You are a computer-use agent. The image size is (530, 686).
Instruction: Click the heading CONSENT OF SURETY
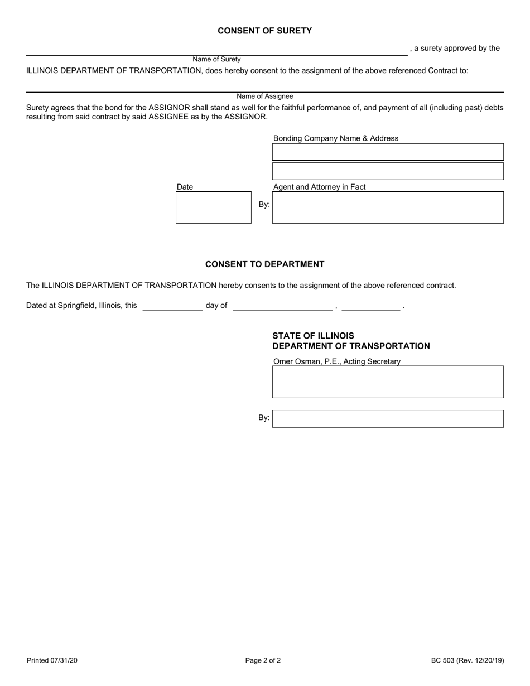tap(264, 31)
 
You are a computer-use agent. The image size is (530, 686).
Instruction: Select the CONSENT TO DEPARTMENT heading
tap(264, 264)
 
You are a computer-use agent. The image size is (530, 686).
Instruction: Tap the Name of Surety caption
tap(216, 59)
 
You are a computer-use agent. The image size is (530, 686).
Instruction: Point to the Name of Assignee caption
tap(264, 96)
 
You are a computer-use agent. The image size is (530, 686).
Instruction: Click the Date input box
tap(214, 207)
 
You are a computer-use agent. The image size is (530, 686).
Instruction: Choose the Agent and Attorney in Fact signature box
tap(388, 207)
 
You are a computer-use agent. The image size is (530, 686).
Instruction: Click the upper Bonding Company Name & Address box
tap(388, 152)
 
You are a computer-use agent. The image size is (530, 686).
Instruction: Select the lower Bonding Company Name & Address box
tap(388, 171)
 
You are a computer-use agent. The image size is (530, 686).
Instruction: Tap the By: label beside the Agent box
tap(264, 205)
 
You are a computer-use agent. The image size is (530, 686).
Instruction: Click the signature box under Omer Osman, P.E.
tap(388, 381)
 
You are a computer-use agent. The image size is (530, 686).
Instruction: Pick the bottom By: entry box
tap(388, 418)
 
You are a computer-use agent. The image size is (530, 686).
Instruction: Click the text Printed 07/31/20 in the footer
tap(52, 660)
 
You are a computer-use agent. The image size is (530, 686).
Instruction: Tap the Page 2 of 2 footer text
tap(263, 660)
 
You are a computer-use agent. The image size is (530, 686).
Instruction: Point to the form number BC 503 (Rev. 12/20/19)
tap(467, 660)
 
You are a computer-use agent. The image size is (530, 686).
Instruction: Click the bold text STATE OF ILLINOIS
tap(313, 336)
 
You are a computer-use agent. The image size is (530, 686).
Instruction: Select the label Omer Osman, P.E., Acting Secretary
tap(336, 361)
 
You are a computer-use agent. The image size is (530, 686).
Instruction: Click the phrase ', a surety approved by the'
tap(455, 48)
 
